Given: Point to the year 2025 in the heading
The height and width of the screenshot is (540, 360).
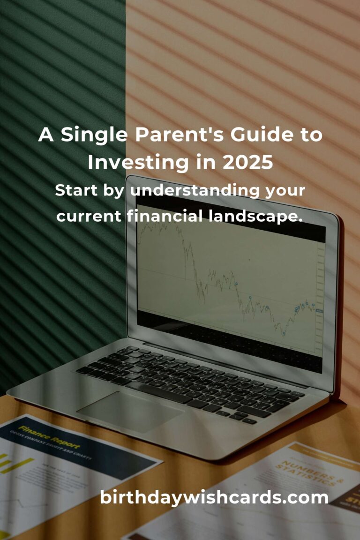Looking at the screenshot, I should [x=247, y=162].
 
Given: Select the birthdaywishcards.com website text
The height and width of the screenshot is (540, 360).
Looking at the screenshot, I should [x=214, y=497].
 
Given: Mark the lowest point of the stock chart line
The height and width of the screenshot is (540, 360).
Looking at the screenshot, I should [x=284, y=335].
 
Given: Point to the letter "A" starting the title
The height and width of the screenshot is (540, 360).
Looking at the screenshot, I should [x=45, y=135].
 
